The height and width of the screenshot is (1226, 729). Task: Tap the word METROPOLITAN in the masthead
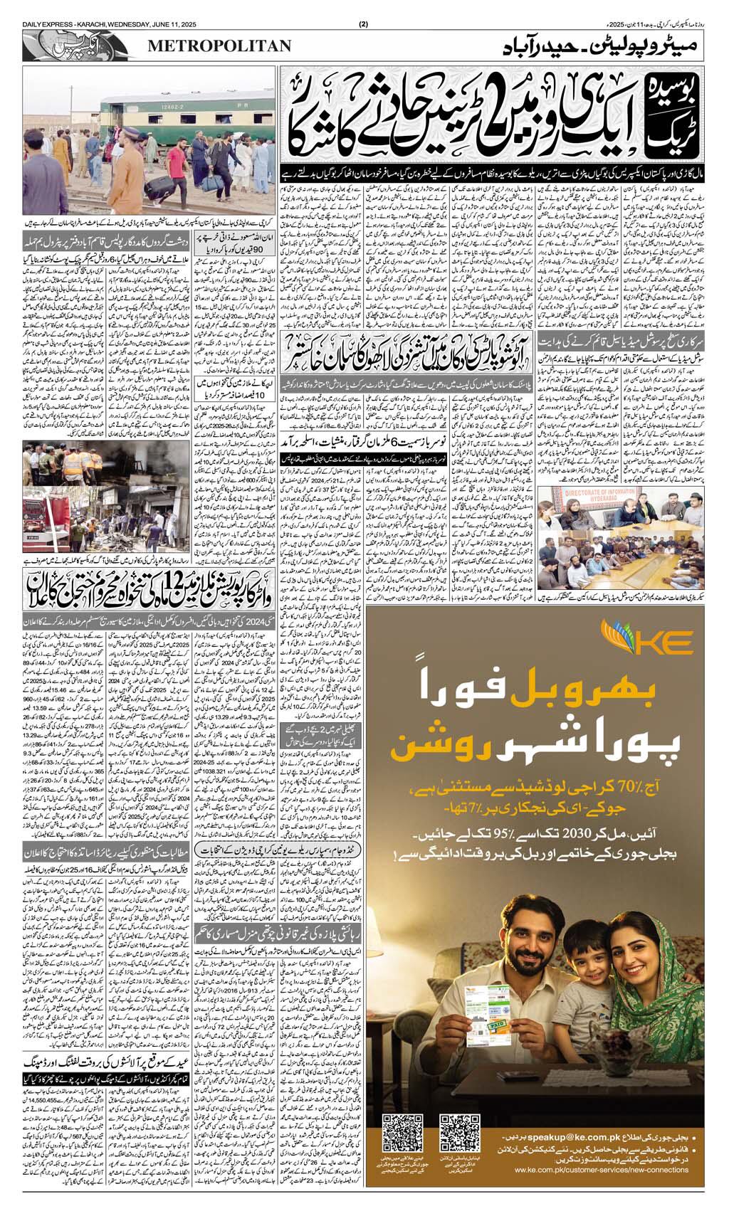(x=220, y=46)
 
